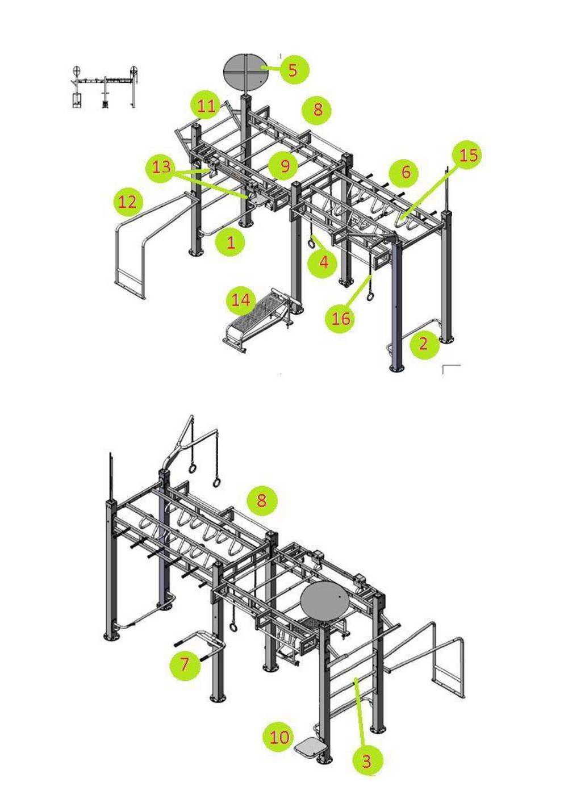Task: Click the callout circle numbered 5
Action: [294, 70]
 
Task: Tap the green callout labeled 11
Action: [206, 106]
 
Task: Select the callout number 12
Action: [128, 203]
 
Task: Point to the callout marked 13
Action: [161, 168]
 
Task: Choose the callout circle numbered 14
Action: [241, 300]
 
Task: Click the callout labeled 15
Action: [467, 155]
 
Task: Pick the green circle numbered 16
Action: [340, 318]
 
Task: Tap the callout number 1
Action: [231, 242]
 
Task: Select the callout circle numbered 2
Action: [424, 344]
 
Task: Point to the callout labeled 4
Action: [323, 262]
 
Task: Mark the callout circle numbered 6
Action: [406, 172]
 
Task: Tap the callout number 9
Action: [285, 166]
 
